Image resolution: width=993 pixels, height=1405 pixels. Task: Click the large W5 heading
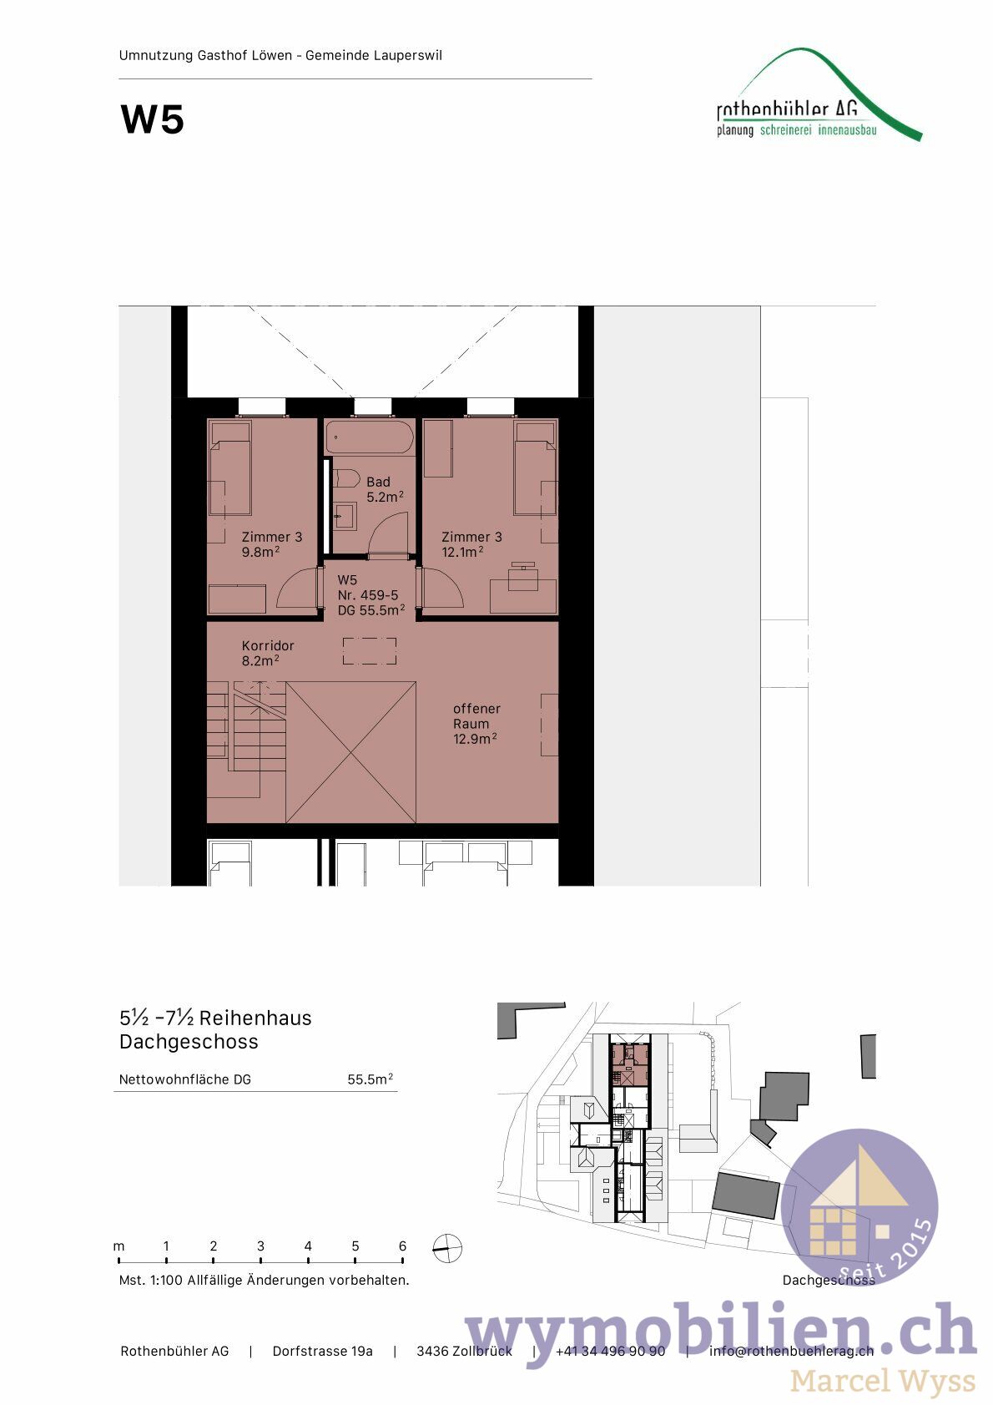click(153, 119)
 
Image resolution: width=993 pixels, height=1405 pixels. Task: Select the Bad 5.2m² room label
click(384, 489)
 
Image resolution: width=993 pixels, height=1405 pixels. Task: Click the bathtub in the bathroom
click(370, 437)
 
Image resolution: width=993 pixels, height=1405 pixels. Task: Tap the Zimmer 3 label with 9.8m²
click(271, 543)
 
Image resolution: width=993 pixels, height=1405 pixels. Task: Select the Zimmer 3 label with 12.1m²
click(471, 543)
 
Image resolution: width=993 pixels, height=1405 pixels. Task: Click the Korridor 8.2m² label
click(267, 652)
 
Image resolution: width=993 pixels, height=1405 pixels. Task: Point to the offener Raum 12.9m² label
click(476, 723)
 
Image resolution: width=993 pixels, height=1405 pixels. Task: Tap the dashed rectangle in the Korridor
click(370, 651)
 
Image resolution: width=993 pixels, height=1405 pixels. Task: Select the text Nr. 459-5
click(368, 595)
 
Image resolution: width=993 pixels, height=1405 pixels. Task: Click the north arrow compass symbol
click(447, 1248)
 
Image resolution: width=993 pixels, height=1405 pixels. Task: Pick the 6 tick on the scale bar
click(402, 1246)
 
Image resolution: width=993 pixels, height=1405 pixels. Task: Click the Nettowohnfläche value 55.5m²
click(370, 1079)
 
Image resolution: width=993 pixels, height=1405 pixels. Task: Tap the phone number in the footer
click(610, 1351)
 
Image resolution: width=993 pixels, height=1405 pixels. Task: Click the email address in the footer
click(791, 1351)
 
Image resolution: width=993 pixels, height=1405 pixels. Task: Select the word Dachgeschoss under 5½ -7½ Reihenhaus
click(189, 1042)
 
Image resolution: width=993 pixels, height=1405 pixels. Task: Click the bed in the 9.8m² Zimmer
click(229, 467)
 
